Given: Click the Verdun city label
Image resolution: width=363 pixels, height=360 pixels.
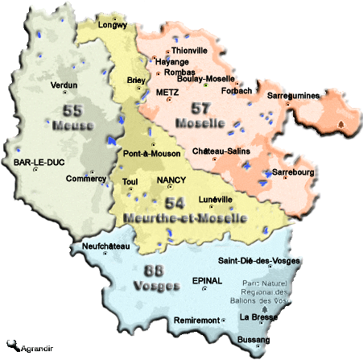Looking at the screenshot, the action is (x=64, y=85).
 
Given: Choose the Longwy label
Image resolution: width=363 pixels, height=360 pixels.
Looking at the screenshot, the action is (x=113, y=25).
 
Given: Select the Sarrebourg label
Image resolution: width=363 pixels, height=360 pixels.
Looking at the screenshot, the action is (x=294, y=172).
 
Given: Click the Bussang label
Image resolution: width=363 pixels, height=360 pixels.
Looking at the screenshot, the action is (x=253, y=341).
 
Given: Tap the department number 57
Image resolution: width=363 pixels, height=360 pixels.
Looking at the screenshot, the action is (x=201, y=107).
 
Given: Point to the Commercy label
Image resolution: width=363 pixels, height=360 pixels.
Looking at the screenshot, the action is (x=85, y=179).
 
